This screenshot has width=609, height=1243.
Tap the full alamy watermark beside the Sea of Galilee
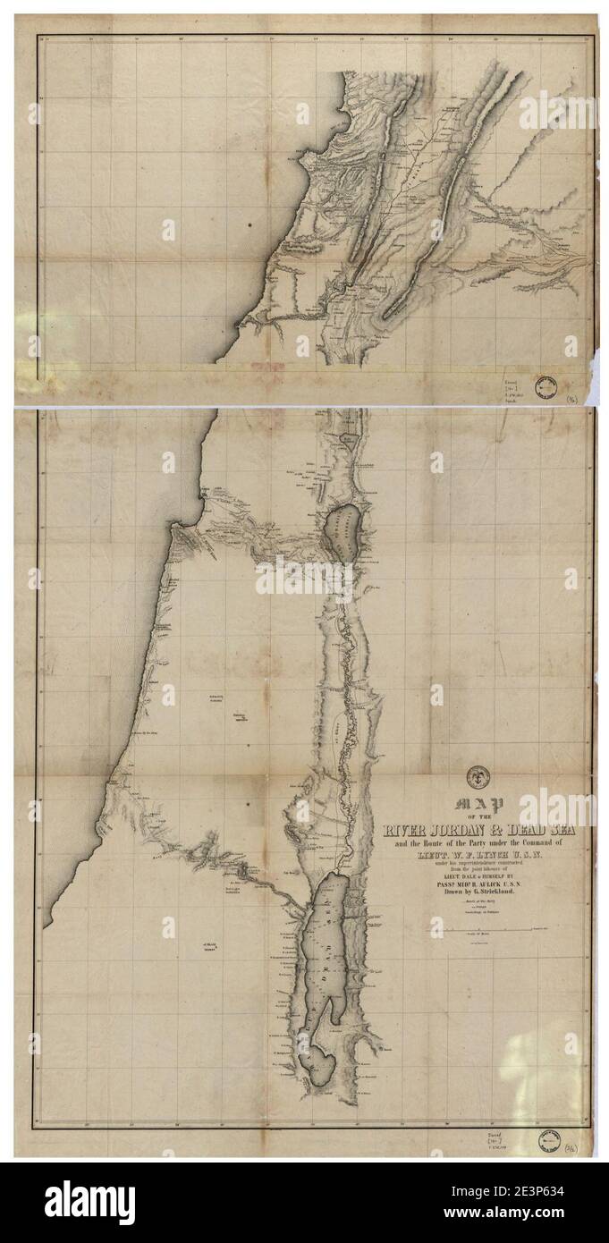click(x=303, y=578)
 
